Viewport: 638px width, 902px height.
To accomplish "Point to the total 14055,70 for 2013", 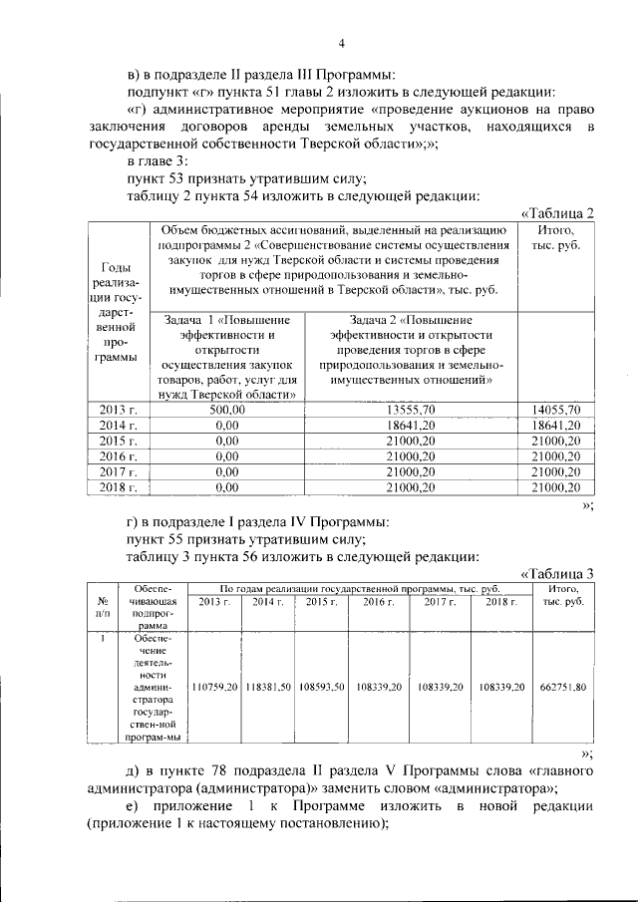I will (556, 410).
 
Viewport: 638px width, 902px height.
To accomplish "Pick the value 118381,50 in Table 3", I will (268, 688).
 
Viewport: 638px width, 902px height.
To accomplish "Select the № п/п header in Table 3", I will (103, 609).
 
